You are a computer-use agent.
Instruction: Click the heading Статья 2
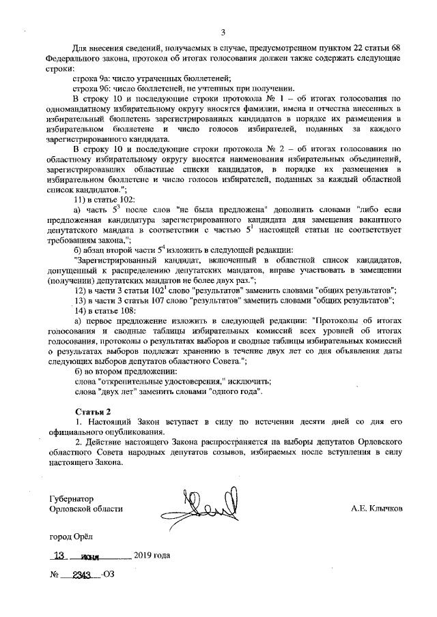click(x=91, y=412)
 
